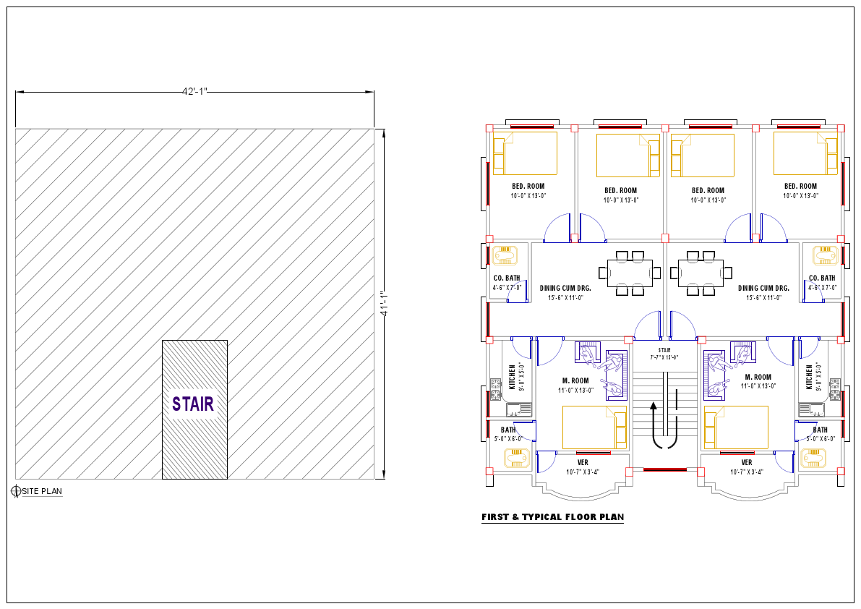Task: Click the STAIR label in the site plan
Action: (x=193, y=404)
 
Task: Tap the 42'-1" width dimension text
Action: (x=194, y=92)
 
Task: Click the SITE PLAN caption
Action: (x=42, y=492)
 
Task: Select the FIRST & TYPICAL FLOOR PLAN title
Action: (x=552, y=517)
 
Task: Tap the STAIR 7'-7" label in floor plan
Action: (x=664, y=354)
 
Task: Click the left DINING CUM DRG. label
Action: (x=565, y=288)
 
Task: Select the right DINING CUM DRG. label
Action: (x=763, y=288)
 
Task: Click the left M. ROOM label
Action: (x=575, y=380)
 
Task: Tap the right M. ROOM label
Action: (x=758, y=377)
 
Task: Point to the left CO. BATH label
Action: (x=507, y=278)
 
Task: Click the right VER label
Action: (x=747, y=462)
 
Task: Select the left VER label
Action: (x=583, y=462)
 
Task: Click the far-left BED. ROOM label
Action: (x=528, y=187)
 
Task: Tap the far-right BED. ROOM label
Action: (x=800, y=187)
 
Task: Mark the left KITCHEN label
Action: (x=513, y=377)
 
